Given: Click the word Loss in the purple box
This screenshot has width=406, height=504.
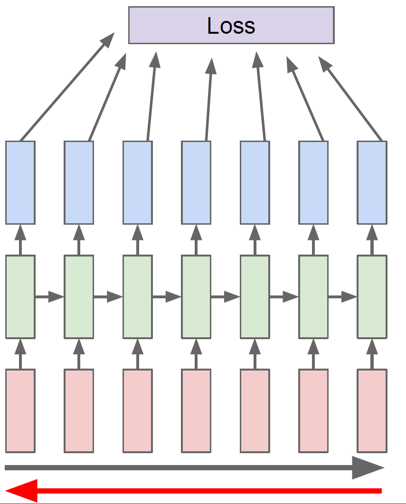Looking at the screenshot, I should [x=231, y=26].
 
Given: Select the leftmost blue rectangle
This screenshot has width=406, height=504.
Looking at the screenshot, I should [x=20, y=182].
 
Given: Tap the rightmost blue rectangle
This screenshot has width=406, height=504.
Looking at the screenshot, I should [x=372, y=182].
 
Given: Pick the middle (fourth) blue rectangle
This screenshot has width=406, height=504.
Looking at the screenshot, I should [x=196, y=182].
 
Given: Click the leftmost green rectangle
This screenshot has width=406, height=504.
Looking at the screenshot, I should [x=20, y=297].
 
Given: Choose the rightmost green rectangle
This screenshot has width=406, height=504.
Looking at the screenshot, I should [x=372, y=297].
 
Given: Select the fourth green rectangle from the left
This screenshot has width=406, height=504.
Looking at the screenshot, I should [x=196, y=297].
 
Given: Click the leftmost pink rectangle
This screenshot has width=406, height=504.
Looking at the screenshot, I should [x=20, y=411].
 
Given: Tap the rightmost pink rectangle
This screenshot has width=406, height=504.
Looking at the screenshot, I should [x=372, y=411].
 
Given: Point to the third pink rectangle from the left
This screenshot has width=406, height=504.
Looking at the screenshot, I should [x=137, y=411].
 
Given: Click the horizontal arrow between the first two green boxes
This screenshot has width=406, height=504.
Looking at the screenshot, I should [x=49, y=297].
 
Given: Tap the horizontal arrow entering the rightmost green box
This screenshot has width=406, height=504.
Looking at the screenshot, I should [x=342, y=297].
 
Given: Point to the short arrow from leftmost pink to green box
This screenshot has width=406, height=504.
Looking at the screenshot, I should [x=20, y=354].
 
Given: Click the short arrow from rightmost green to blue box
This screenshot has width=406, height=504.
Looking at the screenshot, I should [x=372, y=240].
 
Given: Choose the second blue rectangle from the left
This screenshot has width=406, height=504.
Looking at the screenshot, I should [x=79, y=182].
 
